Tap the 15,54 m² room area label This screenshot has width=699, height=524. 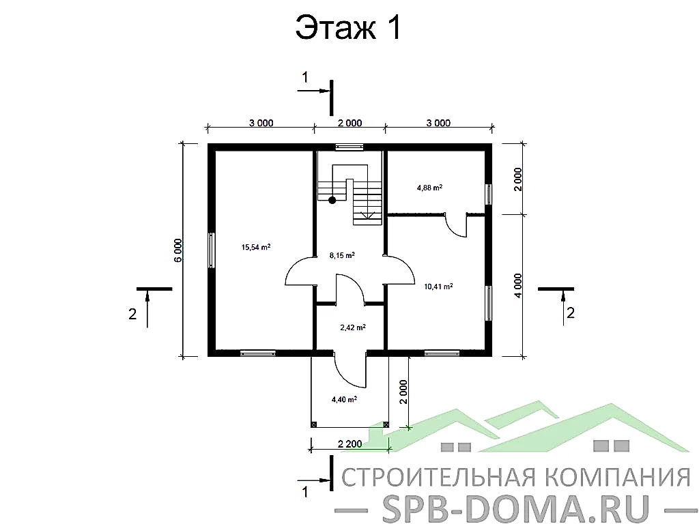(256, 247)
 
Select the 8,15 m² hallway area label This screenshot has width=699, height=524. (342, 255)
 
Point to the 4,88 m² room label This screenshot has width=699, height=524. (429, 186)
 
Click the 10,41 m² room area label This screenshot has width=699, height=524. (439, 287)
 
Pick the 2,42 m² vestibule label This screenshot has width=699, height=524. (352, 327)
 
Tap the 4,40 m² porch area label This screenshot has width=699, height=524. (344, 399)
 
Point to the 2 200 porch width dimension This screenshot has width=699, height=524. (349, 444)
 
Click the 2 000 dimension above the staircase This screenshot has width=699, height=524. (349, 123)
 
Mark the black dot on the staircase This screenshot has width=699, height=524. (332, 200)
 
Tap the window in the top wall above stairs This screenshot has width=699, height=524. (349, 147)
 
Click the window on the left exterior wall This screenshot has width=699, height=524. (212, 250)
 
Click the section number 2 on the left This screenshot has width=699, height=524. (132, 314)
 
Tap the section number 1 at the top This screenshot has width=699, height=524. (306, 78)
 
